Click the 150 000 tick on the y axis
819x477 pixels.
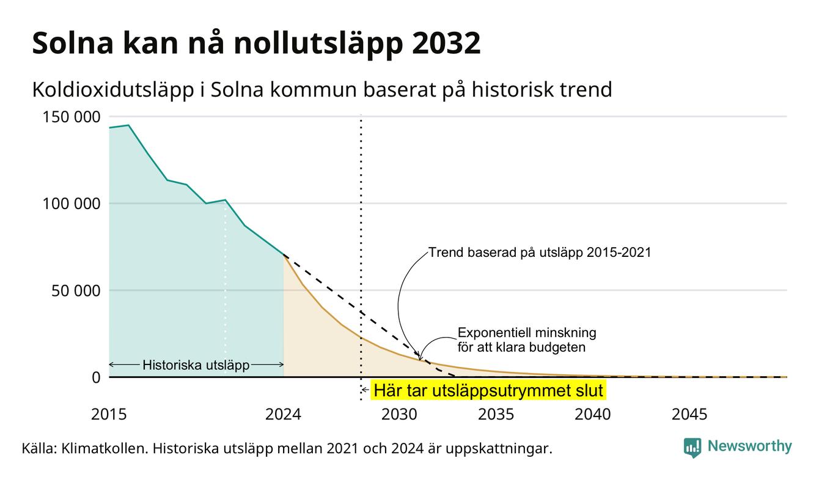coord(72,117)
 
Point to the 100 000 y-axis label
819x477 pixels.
coord(72,204)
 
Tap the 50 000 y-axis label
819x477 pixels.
coord(76,291)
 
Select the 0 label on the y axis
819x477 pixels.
coord(96,377)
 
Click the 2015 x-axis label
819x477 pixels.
coord(109,415)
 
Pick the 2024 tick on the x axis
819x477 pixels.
coord(284,415)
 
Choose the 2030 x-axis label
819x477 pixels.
coord(399,415)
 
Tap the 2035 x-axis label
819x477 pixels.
coord(496,415)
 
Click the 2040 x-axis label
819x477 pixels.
coord(593,415)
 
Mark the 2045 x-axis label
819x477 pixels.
coord(689,415)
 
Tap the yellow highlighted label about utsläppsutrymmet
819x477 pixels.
coord(488,390)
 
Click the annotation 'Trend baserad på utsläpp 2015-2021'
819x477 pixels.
coord(540,253)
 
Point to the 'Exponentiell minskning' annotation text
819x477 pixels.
coord(527,333)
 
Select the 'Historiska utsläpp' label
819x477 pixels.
coord(196,364)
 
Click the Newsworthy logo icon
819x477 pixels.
coord(692,448)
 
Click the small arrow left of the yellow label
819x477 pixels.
coord(365,390)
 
